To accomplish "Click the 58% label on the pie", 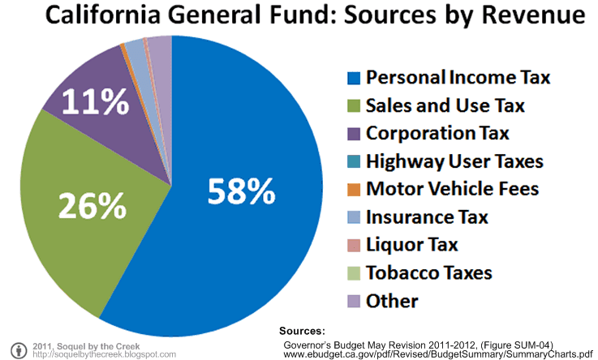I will click(242, 191).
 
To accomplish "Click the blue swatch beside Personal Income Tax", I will click(353, 78).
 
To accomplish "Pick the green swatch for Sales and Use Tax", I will click(353, 106).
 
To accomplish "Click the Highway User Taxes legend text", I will click(454, 161).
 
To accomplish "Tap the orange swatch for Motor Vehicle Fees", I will click(353, 190).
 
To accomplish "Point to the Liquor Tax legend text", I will click(412, 245).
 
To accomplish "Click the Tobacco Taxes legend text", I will click(428, 273).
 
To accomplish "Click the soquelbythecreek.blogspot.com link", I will click(105, 354).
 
